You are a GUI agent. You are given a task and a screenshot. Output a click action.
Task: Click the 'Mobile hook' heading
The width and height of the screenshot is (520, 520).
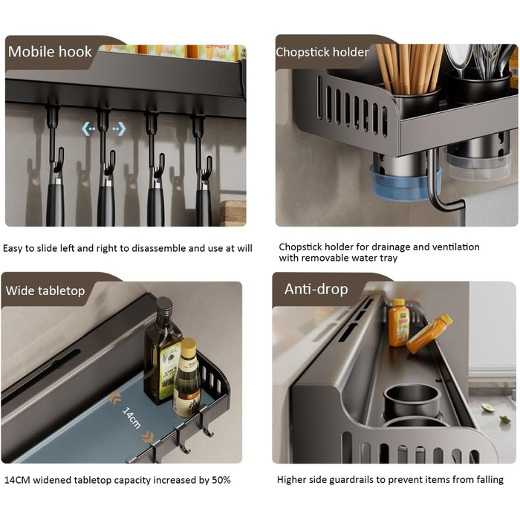(50, 52)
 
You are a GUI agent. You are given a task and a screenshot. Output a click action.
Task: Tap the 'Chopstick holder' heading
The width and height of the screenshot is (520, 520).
(322, 52)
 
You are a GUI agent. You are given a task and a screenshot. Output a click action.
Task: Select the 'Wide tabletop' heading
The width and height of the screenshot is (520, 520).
(45, 290)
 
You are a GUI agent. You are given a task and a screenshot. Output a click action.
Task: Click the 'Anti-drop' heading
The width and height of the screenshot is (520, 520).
(316, 289)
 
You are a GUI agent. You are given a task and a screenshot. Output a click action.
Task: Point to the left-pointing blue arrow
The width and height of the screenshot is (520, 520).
(88, 129)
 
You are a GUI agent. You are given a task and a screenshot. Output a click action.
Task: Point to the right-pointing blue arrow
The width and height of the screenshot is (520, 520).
(120, 129)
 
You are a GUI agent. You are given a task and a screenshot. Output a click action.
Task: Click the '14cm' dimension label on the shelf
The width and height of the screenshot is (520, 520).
(131, 417)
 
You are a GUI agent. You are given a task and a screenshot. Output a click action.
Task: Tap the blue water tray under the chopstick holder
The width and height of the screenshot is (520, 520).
(406, 184)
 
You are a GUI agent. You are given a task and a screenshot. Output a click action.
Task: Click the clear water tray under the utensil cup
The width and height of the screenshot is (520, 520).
(478, 166)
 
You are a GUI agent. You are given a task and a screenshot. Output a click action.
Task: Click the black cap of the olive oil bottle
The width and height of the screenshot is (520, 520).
(164, 309)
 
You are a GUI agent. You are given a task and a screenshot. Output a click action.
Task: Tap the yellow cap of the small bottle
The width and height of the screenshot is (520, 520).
(189, 347)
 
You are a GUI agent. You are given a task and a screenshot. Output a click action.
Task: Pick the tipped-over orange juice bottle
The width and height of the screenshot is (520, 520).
(429, 334)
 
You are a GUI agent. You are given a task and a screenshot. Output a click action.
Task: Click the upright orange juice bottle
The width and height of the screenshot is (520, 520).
(399, 322)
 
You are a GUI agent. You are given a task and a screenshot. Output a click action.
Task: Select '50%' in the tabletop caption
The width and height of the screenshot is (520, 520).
(221, 480)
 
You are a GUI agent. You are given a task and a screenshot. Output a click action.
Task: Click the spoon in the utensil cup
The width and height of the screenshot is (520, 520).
(459, 59)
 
